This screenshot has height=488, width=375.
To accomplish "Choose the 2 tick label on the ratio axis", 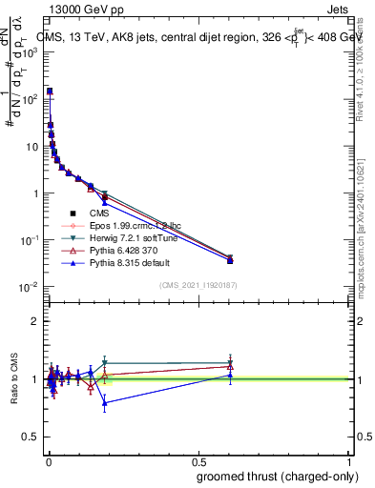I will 37,321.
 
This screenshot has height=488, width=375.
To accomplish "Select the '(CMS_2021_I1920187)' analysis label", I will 198,285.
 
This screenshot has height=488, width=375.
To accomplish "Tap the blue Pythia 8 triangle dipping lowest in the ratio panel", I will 105,403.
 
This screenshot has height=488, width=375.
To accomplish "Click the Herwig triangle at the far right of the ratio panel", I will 230,363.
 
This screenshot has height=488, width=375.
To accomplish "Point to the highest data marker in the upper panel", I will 50,91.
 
